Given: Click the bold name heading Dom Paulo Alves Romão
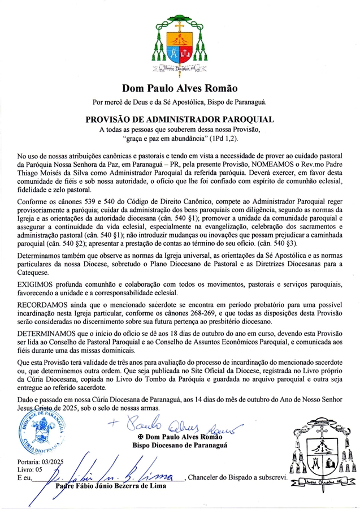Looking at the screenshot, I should click(x=180, y=88).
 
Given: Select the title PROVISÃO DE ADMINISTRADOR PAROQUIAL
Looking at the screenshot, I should click(x=180, y=120).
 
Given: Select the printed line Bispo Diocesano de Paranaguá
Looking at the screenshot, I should click(x=180, y=446).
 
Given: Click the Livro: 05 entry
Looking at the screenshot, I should click(x=30, y=469).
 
